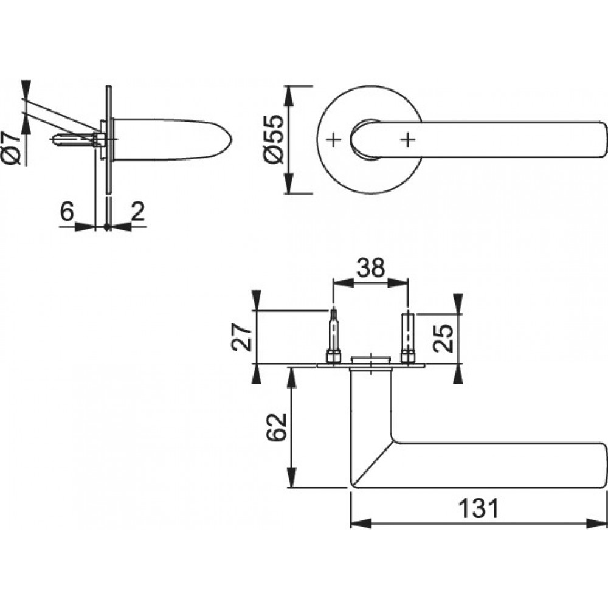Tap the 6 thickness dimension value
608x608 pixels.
67,212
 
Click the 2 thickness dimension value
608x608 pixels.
137,212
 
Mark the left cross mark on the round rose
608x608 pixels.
332,140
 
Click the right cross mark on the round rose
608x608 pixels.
408,140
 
